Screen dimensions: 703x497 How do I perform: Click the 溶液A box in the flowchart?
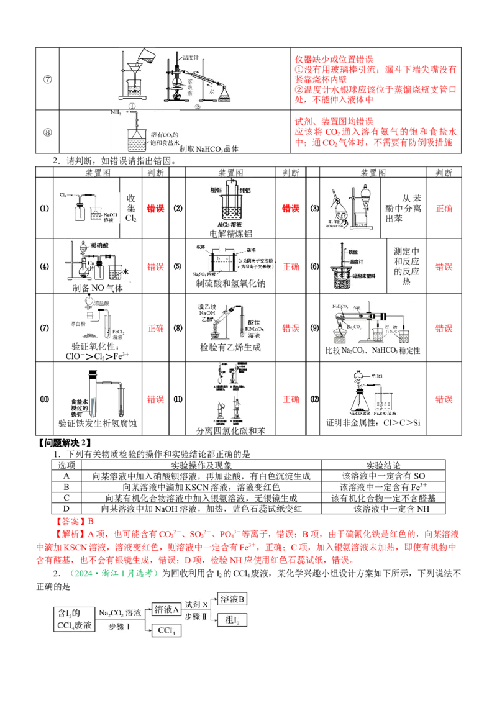tap(166, 610)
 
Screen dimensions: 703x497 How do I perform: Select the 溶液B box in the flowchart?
tap(233, 599)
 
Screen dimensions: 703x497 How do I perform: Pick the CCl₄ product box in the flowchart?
tap(166, 630)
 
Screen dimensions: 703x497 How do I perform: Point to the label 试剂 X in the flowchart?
tap(196, 604)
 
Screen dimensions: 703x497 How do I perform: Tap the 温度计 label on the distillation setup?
tap(190, 57)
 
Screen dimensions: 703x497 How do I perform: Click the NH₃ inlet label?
tap(116, 112)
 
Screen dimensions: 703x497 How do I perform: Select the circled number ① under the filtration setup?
tap(132, 106)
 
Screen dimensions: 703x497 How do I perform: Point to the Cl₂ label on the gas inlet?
tap(63, 195)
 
